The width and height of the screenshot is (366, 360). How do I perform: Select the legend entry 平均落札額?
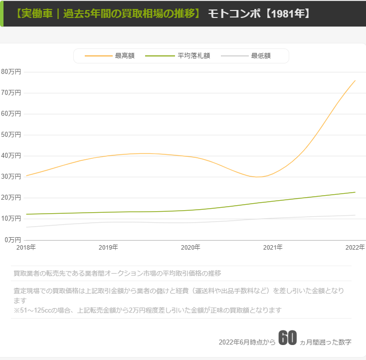pyautogui.click(x=193, y=56)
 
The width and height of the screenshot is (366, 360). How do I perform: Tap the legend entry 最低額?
pyautogui.click(x=261, y=56)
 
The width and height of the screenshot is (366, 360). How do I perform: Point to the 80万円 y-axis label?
pyautogui.click(x=11, y=71)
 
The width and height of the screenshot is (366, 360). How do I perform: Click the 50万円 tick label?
pyautogui.click(x=11, y=134)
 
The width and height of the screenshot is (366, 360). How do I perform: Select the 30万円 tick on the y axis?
pyautogui.click(x=11, y=176)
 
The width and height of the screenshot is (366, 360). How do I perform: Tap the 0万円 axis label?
pyautogui.click(x=12, y=239)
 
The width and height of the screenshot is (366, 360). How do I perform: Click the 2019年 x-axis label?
pyautogui.click(x=108, y=247)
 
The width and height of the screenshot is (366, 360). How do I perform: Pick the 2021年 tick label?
pyautogui.click(x=273, y=247)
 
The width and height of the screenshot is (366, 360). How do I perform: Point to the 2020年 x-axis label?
pyautogui.click(x=190, y=247)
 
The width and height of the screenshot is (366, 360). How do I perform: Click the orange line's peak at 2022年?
pyautogui.click(x=355, y=80)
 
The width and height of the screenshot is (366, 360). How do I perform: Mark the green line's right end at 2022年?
pyautogui.click(x=355, y=192)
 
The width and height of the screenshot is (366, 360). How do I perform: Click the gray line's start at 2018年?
pyautogui.click(x=26, y=227)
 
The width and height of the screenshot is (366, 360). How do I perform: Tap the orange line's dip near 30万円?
pyautogui.click(x=258, y=177)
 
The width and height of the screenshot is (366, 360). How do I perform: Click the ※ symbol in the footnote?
pyautogui.click(x=16, y=310)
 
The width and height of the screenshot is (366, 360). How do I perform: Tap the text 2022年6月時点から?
pyautogui.click(x=247, y=342)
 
